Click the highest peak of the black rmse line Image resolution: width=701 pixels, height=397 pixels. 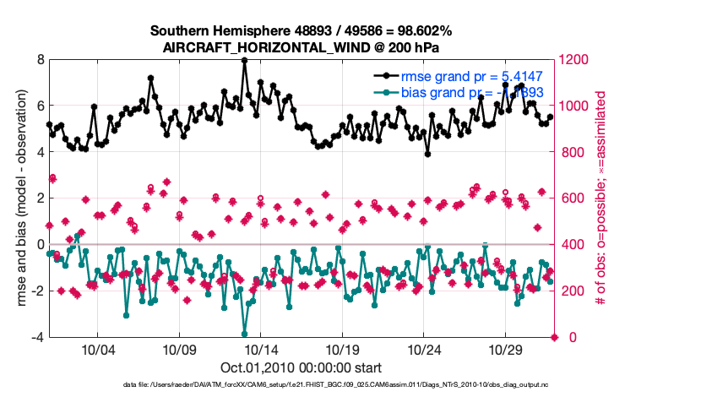click(244, 60)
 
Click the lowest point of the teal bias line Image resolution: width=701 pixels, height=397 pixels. click(244, 334)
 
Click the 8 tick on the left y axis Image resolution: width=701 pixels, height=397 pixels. click(41, 60)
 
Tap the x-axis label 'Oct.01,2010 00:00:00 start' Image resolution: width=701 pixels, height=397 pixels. click(301, 368)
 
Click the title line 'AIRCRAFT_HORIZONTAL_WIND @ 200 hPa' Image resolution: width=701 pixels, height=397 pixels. click(301, 47)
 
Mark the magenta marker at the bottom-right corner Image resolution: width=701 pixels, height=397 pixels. click(555, 338)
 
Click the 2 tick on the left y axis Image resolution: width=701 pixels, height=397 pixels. click(41, 198)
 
